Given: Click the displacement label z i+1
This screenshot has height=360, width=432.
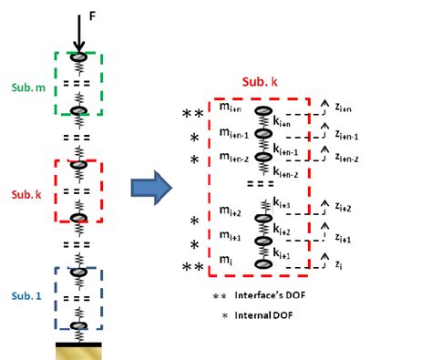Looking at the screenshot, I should click(x=345, y=239).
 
